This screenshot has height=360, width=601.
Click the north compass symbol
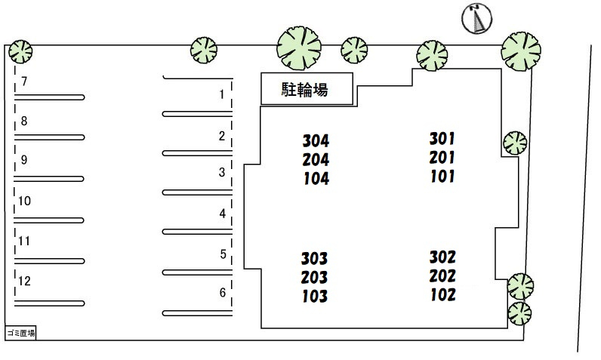click(x=477, y=18)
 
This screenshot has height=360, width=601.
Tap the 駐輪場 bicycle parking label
click(x=305, y=89)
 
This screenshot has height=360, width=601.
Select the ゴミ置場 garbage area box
click(x=20, y=333)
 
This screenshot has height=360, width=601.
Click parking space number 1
click(x=221, y=94)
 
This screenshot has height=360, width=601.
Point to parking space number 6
click(x=223, y=293)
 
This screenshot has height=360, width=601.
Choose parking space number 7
click(x=24, y=82)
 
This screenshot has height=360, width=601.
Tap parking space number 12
click(x=24, y=281)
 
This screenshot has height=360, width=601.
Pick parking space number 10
click(x=24, y=201)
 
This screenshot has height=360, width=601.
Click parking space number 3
click(x=222, y=172)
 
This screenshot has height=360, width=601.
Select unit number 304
click(x=316, y=141)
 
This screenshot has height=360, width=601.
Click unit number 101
click(x=442, y=177)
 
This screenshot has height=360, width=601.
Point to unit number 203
click(x=314, y=278)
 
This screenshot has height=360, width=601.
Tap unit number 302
click(x=442, y=257)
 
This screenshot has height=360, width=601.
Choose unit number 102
click(x=443, y=295)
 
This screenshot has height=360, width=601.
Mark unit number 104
click(x=316, y=179)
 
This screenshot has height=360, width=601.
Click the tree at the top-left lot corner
click(x=20, y=51)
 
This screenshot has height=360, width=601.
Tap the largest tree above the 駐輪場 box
click(x=299, y=48)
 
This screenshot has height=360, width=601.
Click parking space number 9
click(x=24, y=160)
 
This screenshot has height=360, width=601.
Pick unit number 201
click(x=442, y=158)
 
